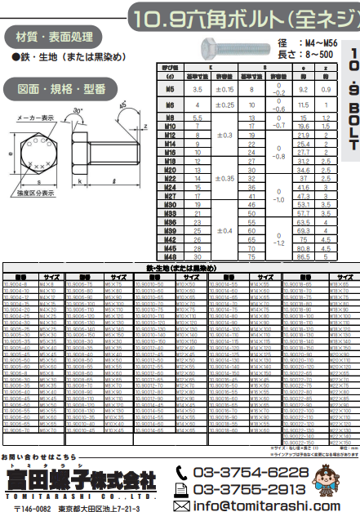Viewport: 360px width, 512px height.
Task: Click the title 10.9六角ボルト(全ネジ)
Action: coord(242,16)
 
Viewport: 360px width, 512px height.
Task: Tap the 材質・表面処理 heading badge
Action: coord(42,36)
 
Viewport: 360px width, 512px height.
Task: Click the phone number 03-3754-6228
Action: coord(250,473)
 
